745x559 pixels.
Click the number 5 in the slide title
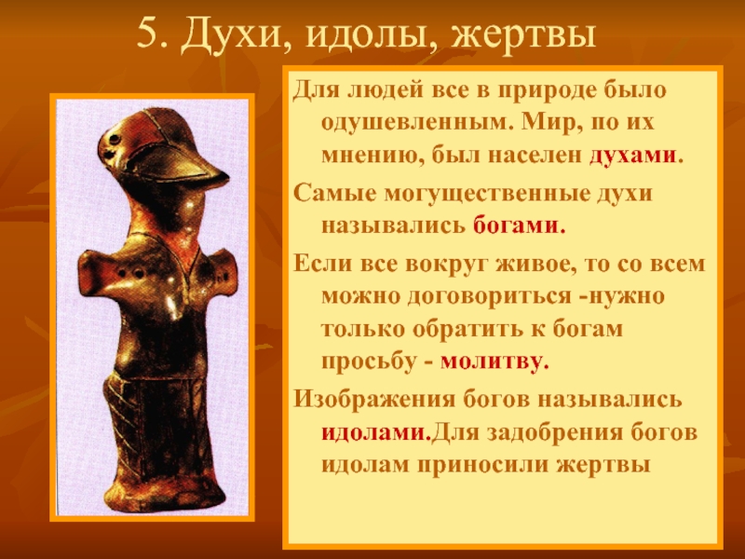[146, 34]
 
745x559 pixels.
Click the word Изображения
[374, 400]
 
